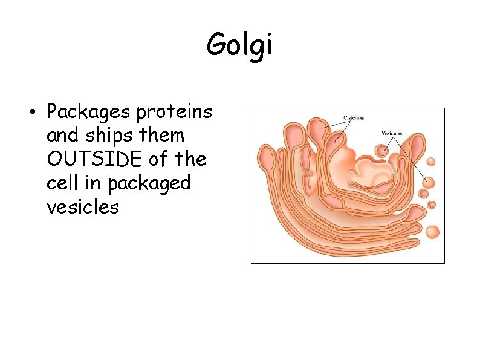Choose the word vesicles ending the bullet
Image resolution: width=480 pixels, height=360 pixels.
pos(82,207)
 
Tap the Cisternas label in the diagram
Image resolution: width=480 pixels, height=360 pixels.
pos(353,118)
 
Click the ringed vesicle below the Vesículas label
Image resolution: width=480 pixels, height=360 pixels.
pos(381,150)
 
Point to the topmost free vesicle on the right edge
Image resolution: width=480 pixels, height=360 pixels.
pos(431,161)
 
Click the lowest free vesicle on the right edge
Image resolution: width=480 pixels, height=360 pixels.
pos(433,232)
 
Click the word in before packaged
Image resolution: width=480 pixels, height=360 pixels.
pos(96,183)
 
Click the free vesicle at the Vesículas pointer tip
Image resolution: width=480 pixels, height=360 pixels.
pos(428,181)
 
